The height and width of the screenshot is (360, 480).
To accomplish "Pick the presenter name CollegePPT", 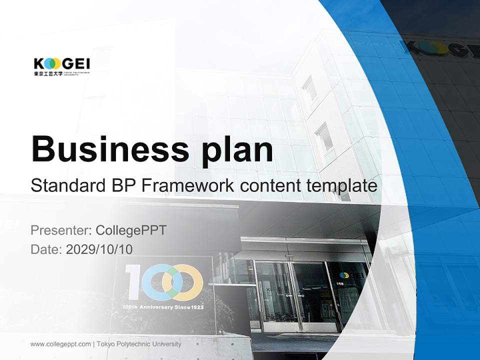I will (130, 230).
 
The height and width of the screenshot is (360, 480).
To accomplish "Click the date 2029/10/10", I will (99, 249).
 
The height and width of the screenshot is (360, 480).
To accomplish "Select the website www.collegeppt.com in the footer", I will (60, 344).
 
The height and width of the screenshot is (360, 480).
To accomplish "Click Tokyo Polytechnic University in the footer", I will (139, 344).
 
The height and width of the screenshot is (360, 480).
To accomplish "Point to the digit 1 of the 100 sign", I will (131, 281).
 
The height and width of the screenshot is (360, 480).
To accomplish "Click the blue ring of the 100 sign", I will (158, 281).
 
